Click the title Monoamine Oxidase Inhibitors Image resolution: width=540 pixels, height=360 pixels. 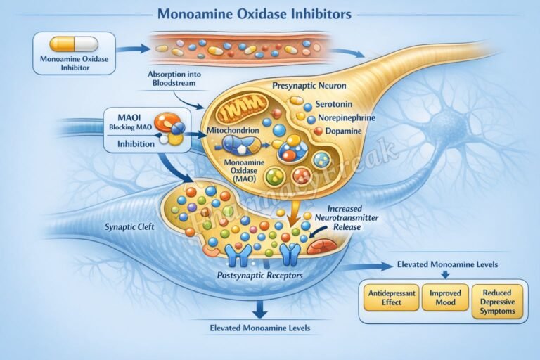pyautogui.click(x=255, y=13)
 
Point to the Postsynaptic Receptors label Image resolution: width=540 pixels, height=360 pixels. pyautogui.click(x=259, y=275)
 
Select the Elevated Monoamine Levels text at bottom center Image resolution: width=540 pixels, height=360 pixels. pyautogui.click(x=261, y=328)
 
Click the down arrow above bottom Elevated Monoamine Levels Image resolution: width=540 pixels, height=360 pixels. pyautogui.click(x=261, y=308)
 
